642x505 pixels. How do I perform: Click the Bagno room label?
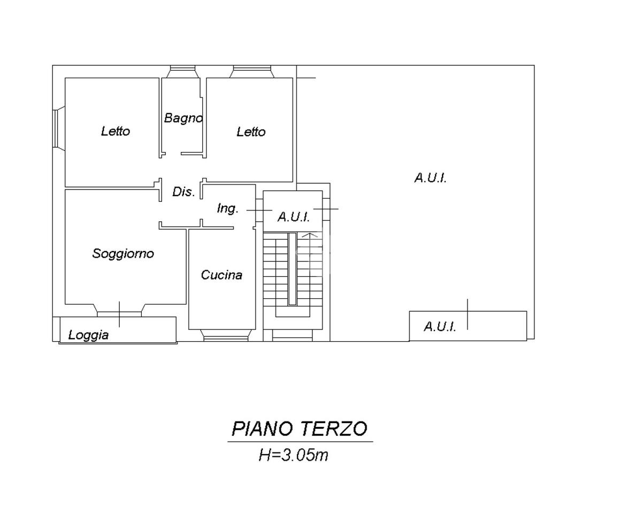pyautogui.click(x=183, y=118)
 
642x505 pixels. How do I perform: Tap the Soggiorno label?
pyautogui.click(x=123, y=253)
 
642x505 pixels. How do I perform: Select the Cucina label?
pyautogui.click(x=221, y=275)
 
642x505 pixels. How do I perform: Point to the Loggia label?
pyautogui.click(x=89, y=335)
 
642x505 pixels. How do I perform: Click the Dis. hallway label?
pyautogui.click(x=184, y=192)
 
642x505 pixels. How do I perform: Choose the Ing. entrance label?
pyautogui.click(x=227, y=209)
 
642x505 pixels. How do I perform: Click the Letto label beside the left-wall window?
pyautogui.click(x=116, y=131)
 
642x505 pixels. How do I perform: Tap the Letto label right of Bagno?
pyautogui.click(x=251, y=132)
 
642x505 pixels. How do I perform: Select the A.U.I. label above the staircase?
pyautogui.click(x=293, y=217)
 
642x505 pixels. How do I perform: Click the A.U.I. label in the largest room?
pyautogui.click(x=430, y=178)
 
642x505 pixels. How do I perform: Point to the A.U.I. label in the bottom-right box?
pyautogui.click(x=440, y=327)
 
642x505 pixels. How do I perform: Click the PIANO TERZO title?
pyautogui.click(x=300, y=429)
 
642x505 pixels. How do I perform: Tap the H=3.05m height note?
pyautogui.click(x=293, y=456)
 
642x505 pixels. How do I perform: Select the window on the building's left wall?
pyautogui.click(x=57, y=128)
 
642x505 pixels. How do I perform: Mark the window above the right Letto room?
pyautogui.click(x=253, y=72)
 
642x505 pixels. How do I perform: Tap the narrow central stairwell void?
pyautogui.click(x=292, y=269)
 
